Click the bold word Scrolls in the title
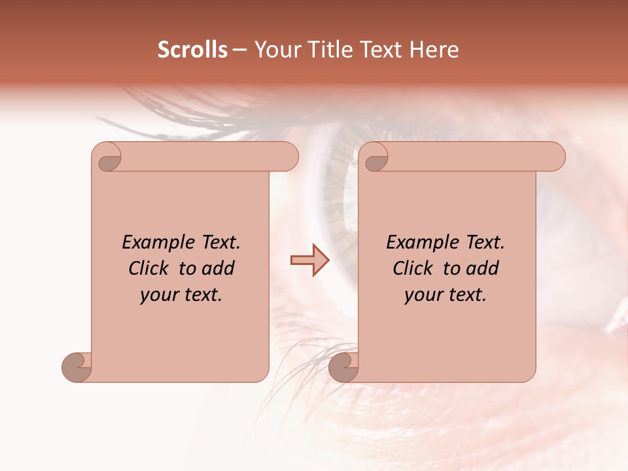(192, 50)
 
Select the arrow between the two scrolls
(309, 260)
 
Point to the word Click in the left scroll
(148, 268)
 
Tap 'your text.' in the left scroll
(181, 295)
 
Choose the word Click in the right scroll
(413, 268)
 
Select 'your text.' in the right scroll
(445, 295)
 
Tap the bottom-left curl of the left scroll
(77, 367)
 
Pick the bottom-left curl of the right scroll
(343, 367)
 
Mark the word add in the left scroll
(220, 268)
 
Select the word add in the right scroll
(484, 268)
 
